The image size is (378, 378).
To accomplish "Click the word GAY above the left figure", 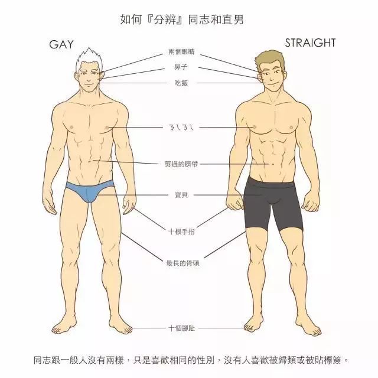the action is tap(61, 45).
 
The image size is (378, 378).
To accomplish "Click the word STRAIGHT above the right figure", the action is tap(310, 43).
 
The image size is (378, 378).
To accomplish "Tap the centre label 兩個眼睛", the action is tap(181, 52).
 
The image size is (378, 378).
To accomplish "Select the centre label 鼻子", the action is tap(181, 67).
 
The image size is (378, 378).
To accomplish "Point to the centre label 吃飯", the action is tap(181, 83).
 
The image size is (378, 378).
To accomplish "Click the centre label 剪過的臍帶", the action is tap(181, 164).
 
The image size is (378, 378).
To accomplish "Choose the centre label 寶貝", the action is tap(181, 195).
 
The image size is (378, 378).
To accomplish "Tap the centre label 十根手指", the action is tap(181, 232).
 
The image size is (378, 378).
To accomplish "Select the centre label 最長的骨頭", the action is tap(183, 263).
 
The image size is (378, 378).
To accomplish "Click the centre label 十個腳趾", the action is tap(181, 328).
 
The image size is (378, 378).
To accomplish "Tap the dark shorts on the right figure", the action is tap(273, 203).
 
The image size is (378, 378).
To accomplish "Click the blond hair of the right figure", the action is tap(270, 59).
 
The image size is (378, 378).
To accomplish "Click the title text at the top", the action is tap(182, 19).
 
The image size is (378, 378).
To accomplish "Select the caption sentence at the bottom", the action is tap(191, 360).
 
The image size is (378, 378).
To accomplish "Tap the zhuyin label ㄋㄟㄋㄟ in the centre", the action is tap(181, 128).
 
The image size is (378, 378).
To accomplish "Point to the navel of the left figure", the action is tap(90, 161).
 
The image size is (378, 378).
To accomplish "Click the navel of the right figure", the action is tap(273, 164).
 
